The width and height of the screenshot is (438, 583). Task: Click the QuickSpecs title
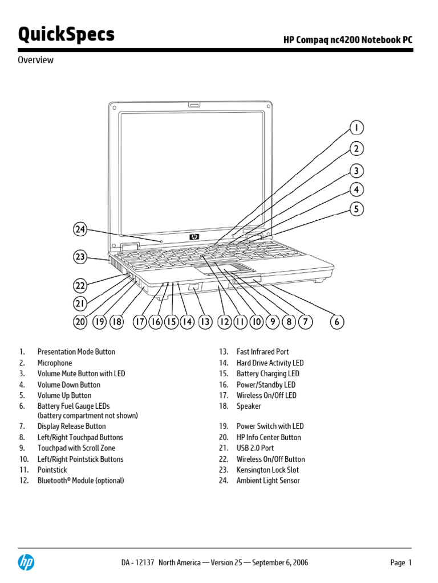[66, 35]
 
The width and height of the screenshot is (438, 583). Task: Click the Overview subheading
[35, 60]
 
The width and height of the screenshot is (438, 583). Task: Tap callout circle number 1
[356, 128]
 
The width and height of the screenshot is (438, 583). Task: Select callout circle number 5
[356, 209]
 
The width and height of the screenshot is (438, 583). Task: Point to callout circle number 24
[80, 229]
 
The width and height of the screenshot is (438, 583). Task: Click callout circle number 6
[337, 322]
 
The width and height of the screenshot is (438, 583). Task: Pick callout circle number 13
[205, 322]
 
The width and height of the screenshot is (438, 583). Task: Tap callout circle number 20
[80, 322]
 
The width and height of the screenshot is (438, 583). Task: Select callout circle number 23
[80, 257]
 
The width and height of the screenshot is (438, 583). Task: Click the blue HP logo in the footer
[26, 563]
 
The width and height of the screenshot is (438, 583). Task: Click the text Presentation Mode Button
[76, 352]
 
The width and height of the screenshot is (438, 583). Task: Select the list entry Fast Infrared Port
[262, 352]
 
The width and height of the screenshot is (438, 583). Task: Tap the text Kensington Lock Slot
[267, 470]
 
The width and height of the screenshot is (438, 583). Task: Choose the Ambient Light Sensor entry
[268, 481]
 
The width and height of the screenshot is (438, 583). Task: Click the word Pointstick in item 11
[52, 470]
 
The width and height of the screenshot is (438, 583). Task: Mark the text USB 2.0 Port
[255, 449]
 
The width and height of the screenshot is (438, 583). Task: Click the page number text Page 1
[400, 563]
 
